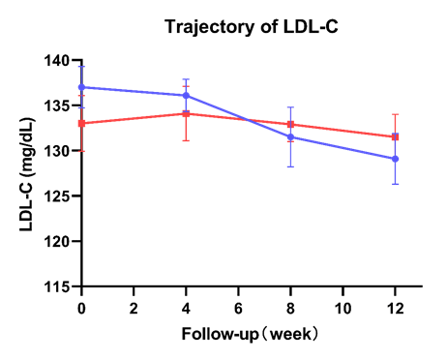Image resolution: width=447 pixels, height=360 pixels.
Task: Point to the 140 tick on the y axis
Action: click(57, 60)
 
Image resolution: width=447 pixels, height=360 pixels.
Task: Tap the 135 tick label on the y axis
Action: click(57, 105)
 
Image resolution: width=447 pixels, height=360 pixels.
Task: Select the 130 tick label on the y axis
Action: click(57, 151)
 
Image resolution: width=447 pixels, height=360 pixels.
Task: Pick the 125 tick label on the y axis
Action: click(57, 196)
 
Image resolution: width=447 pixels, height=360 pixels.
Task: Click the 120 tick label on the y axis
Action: click(57, 242)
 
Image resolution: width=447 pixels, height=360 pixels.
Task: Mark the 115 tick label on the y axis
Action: click(57, 287)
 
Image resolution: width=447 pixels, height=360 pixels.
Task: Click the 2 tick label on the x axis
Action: click(134, 306)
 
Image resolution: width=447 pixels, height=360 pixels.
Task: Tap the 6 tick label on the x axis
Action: click(238, 306)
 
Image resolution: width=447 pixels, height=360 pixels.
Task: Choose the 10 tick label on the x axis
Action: click(343, 306)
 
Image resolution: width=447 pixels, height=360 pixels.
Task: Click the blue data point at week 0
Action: click(81, 87)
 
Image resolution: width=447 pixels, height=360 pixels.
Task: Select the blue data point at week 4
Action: click(186, 96)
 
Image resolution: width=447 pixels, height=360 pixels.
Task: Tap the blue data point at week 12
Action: click(395, 159)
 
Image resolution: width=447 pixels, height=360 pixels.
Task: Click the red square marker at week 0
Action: click(81, 124)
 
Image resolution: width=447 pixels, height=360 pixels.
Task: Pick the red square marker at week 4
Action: click(186, 113)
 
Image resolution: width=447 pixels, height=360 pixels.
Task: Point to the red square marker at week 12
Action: click(395, 136)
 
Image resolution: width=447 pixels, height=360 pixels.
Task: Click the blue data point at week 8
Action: click(290, 136)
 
